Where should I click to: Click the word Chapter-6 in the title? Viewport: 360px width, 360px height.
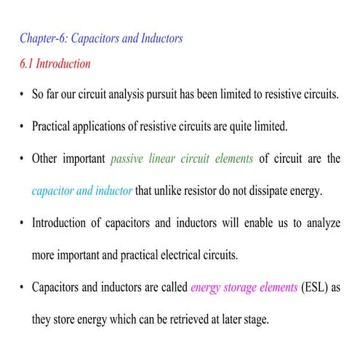coord(42,38)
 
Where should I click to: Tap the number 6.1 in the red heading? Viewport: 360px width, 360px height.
coord(27,63)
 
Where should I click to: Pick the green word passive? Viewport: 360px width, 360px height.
coord(128,159)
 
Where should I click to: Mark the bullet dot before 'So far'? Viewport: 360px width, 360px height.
coord(23,96)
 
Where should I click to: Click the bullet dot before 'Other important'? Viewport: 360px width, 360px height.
coord(23,159)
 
